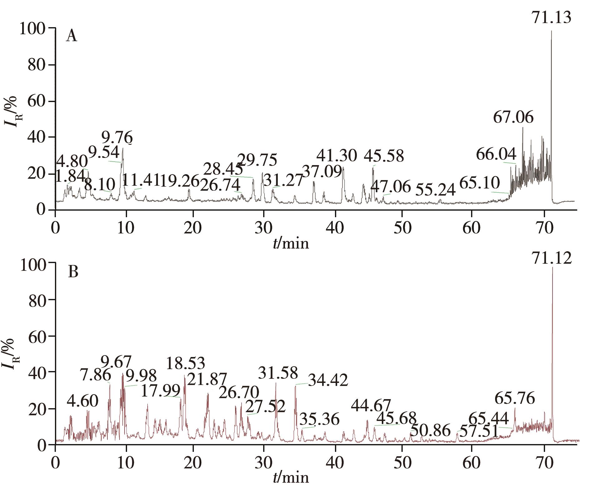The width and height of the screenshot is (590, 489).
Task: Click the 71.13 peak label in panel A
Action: (x=551, y=18)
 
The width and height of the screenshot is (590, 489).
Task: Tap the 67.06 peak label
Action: (x=513, y=118)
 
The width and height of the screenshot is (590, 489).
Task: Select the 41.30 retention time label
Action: (x=336, y=155)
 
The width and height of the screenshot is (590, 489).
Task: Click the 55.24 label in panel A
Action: (x=436, y=190)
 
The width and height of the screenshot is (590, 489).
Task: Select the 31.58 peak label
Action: (x=278, y=373)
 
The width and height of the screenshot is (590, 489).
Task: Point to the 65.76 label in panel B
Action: (x=515, y=399)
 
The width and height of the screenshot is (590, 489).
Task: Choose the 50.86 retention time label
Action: (x=430, y=431)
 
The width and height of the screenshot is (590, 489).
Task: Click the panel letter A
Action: (x=71, y=37)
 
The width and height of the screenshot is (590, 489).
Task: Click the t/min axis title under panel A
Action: (x=291, y=243)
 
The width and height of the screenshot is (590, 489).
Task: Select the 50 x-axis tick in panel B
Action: (x=402, y=463)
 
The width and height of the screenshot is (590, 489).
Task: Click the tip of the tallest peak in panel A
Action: (x=551, y=31)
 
